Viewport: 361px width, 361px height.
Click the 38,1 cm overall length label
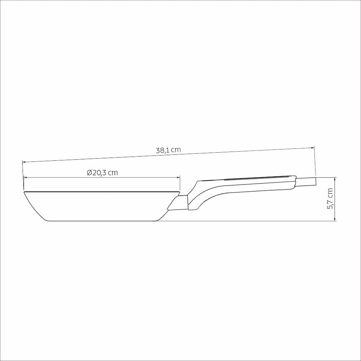168,150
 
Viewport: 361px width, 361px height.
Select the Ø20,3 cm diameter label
103,173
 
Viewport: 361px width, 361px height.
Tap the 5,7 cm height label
330,199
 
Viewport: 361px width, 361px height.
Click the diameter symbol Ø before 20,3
90,173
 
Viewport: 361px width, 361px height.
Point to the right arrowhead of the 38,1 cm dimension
313,148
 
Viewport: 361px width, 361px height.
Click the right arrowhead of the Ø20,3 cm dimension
178,177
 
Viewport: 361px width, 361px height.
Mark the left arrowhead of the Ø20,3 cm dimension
26,177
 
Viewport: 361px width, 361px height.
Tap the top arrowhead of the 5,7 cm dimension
335,179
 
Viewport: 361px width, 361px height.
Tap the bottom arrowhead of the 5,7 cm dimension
335,219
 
